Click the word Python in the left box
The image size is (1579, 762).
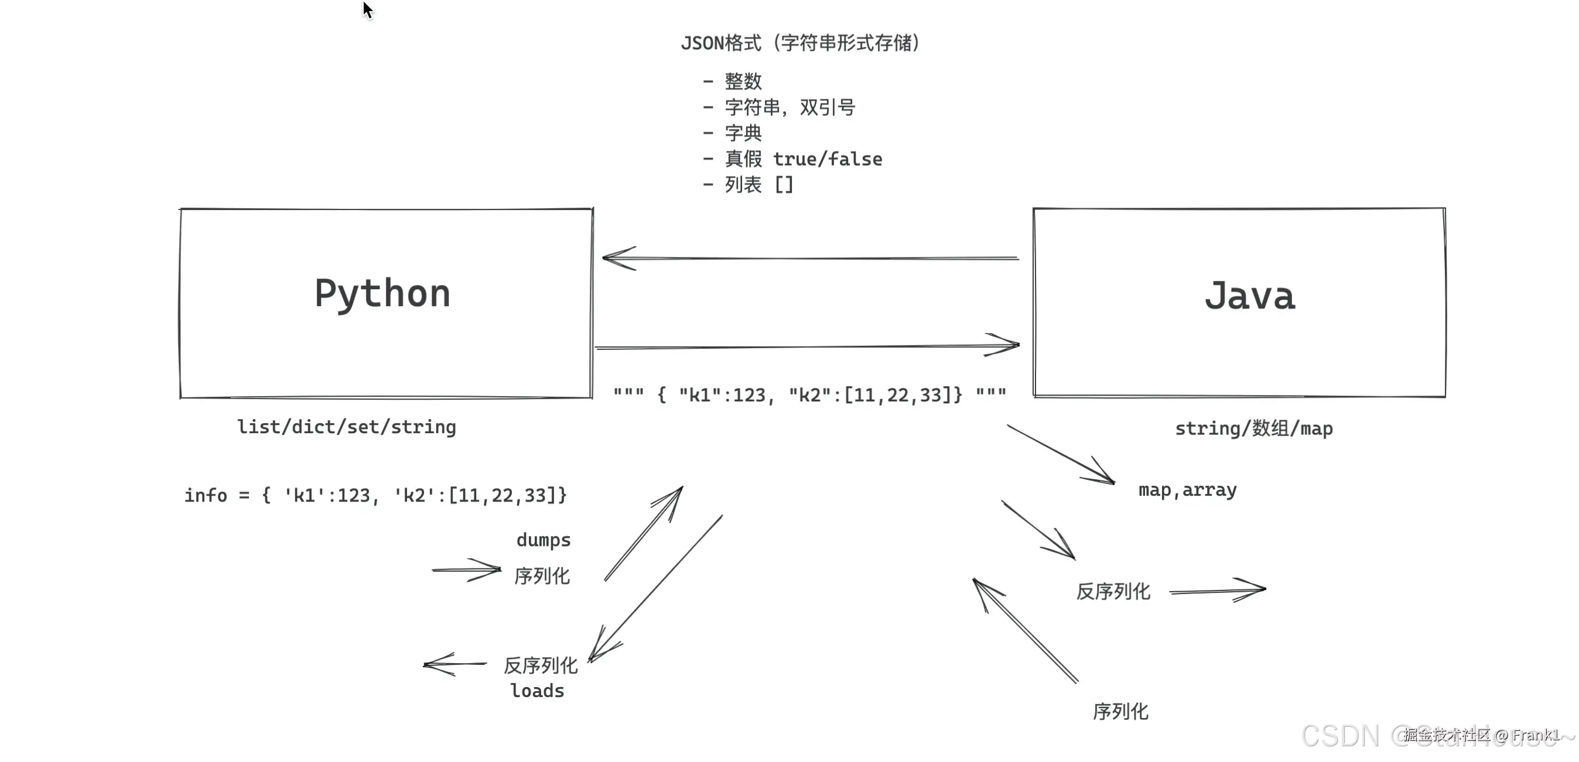point(382,294)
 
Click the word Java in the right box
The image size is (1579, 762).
point(1249,297)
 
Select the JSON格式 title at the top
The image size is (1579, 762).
point(800,43)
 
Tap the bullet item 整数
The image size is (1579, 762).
point(742,81)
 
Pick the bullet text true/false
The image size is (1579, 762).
point(828,159)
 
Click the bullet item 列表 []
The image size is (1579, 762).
point(758,184)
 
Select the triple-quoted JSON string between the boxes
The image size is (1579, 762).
point(809,395)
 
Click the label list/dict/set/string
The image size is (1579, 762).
point(346,427)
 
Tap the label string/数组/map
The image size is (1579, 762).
point(1253,428)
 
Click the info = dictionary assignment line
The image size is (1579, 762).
point(375,495)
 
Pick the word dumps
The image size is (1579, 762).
point(543,540)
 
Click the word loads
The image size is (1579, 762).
point(537,691)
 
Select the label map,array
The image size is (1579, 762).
point(1187,490)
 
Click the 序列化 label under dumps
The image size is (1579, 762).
point(542,576)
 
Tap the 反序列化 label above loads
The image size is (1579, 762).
point(541,665)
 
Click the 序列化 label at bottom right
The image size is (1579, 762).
point(1120,711)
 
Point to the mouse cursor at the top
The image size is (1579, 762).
point(367,10)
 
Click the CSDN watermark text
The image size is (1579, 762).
point(1340,736)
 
